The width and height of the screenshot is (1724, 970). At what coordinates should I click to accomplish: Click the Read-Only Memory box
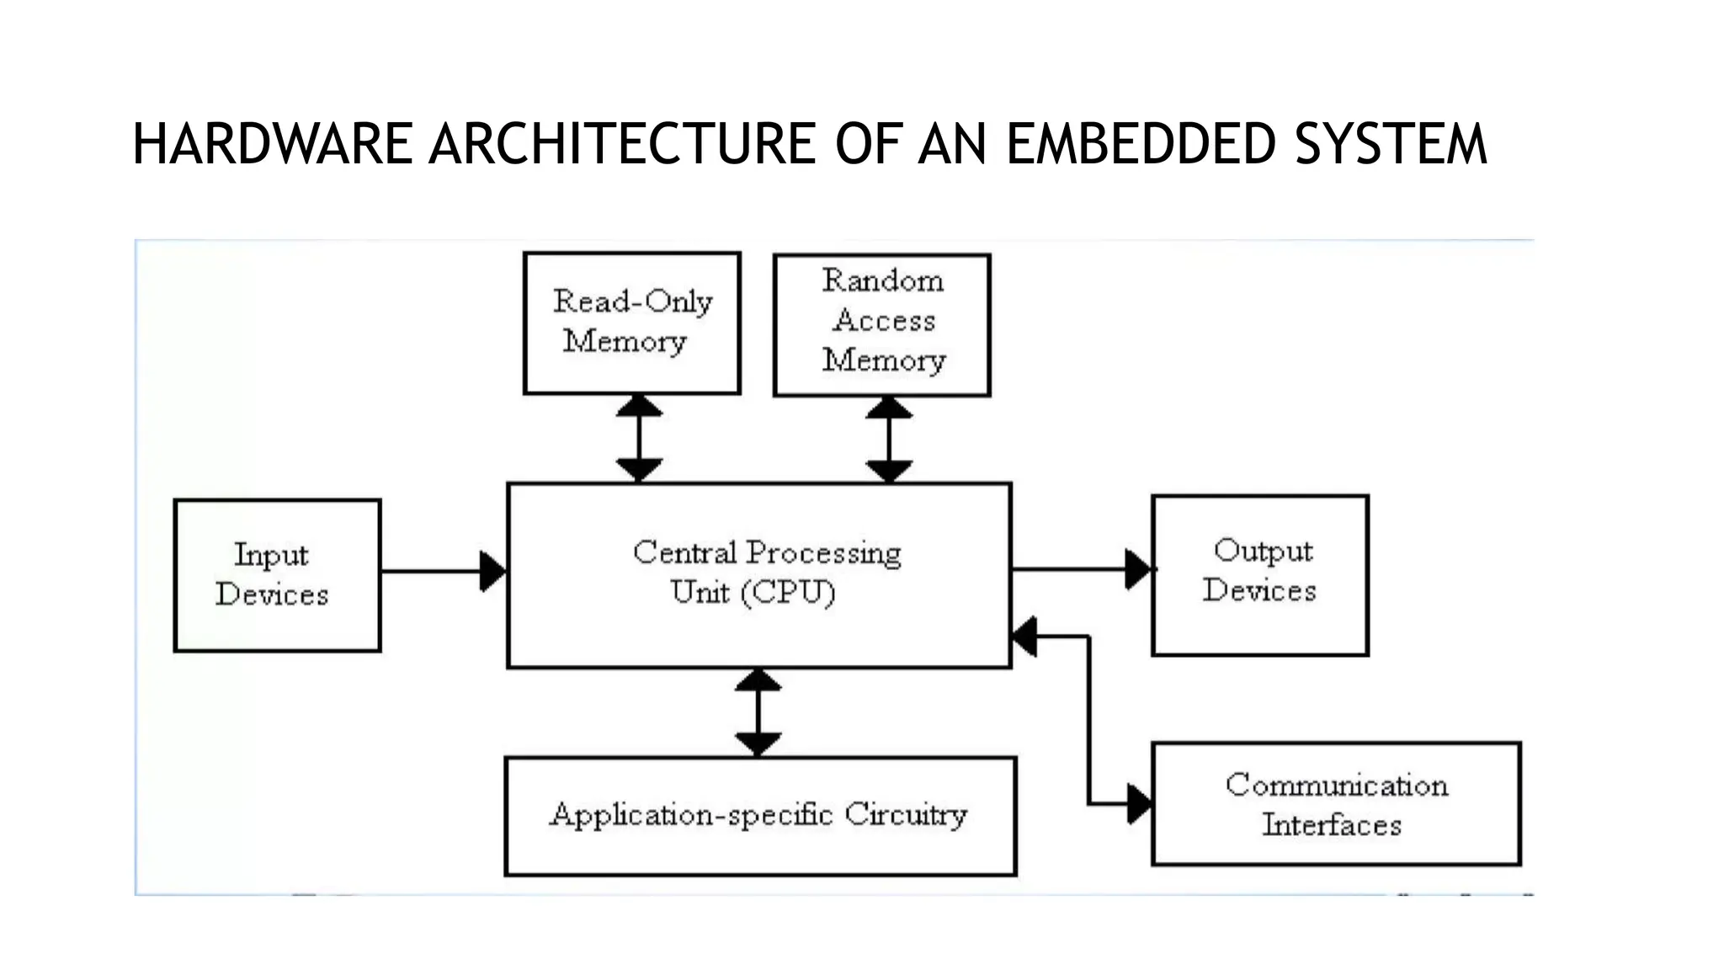[x=631, y=322]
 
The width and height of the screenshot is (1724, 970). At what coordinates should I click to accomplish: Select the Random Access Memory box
[x=881, y=324]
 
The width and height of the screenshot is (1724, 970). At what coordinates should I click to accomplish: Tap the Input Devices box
[x=277, y=575]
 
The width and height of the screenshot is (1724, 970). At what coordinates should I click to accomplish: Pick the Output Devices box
[x=1259, y=575]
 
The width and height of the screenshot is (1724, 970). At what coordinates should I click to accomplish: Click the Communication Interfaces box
[x=1335, y=803]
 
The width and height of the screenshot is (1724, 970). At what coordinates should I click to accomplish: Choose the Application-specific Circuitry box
[x=760, y=815]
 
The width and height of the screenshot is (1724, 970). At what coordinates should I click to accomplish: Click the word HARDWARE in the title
[x=271, y=144]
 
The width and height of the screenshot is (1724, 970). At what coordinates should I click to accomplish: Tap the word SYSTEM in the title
[x=1391, y=144]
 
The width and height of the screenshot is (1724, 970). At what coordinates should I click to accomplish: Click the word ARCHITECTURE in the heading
[x=621, y=144]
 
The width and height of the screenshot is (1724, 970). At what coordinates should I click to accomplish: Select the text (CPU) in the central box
[x=788, y=592]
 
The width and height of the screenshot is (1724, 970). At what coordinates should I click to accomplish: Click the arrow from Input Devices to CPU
[x=443, y=572]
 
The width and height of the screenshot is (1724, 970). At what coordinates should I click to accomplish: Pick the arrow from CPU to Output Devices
[x=1081, y=569]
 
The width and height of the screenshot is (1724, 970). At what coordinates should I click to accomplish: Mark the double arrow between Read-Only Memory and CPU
[x=639, y=438]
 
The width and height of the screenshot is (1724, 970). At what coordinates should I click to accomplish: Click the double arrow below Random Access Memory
[x=889, y=440]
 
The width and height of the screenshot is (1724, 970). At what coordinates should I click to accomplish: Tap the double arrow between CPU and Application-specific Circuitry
[x=758, y=712]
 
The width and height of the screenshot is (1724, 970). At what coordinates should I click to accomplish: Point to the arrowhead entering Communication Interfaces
[x=1139, y=803]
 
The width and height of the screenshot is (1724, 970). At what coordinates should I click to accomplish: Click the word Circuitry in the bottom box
[x=906, y=814]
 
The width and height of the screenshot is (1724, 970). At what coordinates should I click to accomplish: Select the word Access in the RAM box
[x=884, y=320]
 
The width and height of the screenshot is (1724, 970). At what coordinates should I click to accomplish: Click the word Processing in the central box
[x=823, y=553]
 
